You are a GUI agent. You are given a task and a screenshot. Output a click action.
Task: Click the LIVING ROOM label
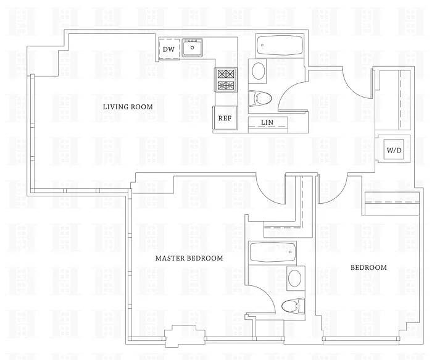(x=128, y=107)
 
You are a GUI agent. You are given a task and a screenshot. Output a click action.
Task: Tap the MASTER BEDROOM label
(x=189, y=258)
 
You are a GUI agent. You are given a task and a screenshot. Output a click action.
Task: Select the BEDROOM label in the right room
(x=368, y=267)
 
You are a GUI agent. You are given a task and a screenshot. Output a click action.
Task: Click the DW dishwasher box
(x=168, y=49)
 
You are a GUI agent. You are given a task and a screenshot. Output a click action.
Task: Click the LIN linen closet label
(x=267, y=122)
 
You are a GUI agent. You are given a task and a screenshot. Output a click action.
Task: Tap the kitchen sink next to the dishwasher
(x=194, y=47)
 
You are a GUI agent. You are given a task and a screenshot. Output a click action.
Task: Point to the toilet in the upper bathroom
(x=261, y=98)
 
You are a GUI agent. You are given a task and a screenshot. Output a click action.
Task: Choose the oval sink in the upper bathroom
(x=259, y=71)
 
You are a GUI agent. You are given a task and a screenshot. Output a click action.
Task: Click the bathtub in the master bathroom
(x=272, y=253)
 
